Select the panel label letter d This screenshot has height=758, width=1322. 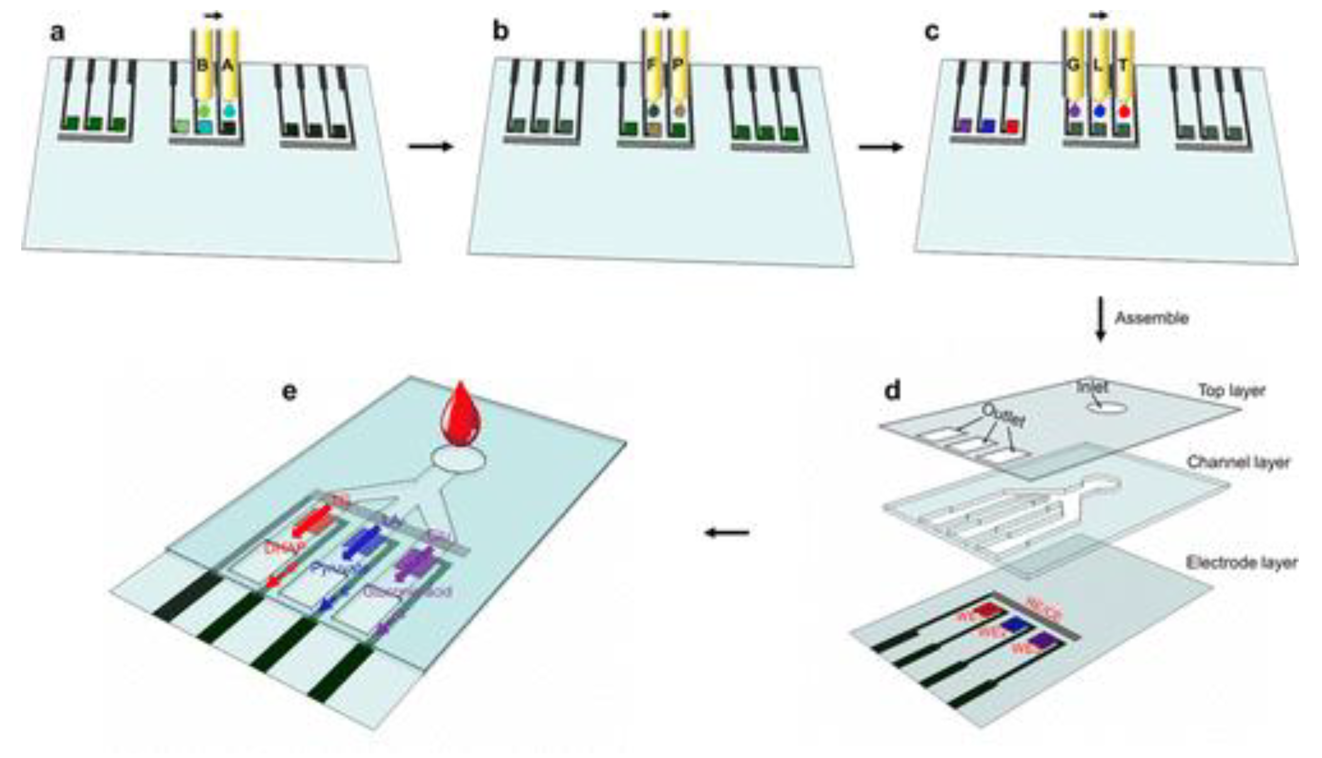coord(892,390)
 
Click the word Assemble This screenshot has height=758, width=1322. coord(1151,318)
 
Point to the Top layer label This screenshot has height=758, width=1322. coord(1231,391)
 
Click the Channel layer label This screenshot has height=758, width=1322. coord(1238,462)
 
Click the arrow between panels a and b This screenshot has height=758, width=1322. coord(430,147)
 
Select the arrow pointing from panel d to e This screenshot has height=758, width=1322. coord(727,533)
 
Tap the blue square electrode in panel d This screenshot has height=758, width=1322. coord(1016,625)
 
